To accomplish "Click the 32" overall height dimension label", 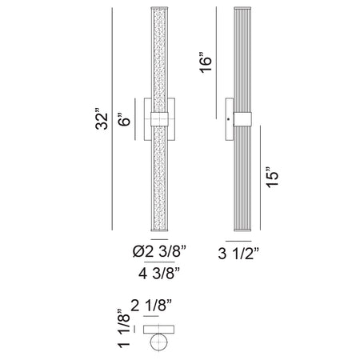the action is [x=102, y=119].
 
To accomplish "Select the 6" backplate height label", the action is [x=124, y=119].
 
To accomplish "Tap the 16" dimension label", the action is [x=206, y=64].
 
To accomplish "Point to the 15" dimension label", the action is [x=272, y=178].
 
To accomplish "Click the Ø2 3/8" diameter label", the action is [x=159, y=251].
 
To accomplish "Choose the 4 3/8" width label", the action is [x=159, y=273].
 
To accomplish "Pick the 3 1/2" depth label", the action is [x=238, y=254].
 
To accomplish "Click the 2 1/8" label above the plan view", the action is [x=151, y=306].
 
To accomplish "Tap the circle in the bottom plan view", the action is [x=159, y=342].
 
